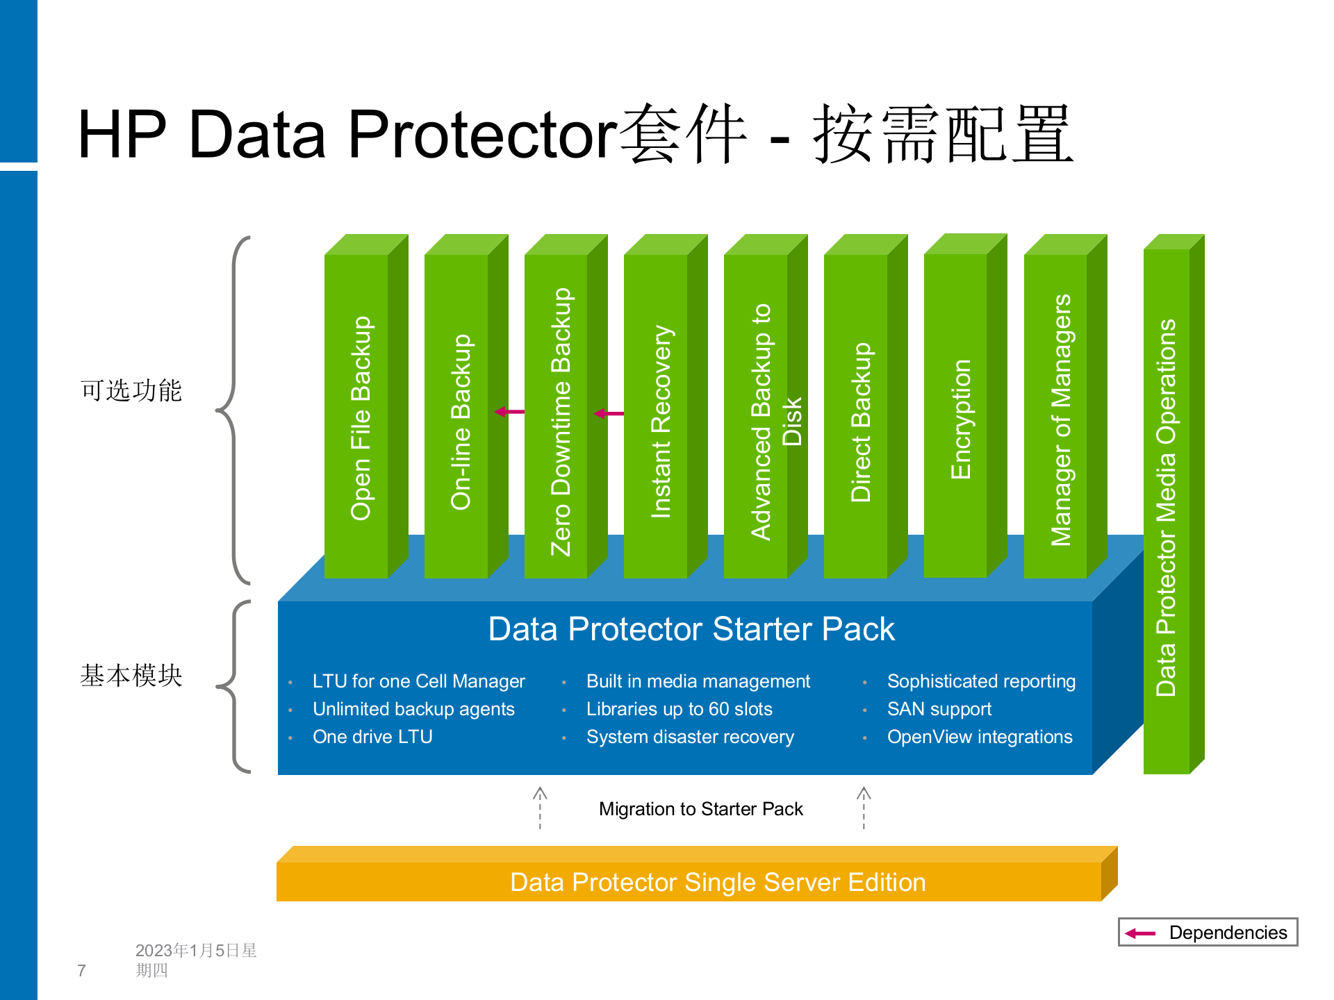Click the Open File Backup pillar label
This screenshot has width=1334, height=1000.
pyautogui.click(x=361, y=418)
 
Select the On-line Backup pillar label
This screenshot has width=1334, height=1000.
pyautogui.click(x=461, y=422)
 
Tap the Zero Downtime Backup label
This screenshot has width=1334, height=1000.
pyautogui.click(x=561, y=422)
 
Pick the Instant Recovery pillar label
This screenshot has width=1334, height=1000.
pyautogui.click(x=661, y=422)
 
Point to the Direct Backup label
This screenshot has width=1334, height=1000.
pyautogui.click(x=861, y=422)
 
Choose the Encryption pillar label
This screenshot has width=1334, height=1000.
pyautogui.click(x=961, y=419)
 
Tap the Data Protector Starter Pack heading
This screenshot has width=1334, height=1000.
pyautogui.click(x=691, y=629)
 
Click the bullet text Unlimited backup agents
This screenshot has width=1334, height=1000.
pyautogui.click(x=413, y=709)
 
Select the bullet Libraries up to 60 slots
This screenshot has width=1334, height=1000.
pyautogui.click(x=679, y=709)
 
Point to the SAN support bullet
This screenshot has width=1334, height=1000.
pyautogui.click(x=939, y=709)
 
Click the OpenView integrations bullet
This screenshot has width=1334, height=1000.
pyautogui.click(x=980, y=737)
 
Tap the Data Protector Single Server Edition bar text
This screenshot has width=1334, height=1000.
pyautogui.click(x=718, y=882)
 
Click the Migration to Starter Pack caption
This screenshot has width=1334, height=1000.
pyautogui.click(x=700, y=809)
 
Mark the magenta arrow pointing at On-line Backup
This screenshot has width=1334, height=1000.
pyautogui.click(x=509, y=412)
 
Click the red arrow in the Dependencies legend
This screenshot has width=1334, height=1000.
pyautogui.click(x=1140, y=933)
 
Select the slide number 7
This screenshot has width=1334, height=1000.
pyautogui.click(x=82, y=970)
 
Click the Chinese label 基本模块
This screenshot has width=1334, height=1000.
pyautogui.click(x=131, y=675)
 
